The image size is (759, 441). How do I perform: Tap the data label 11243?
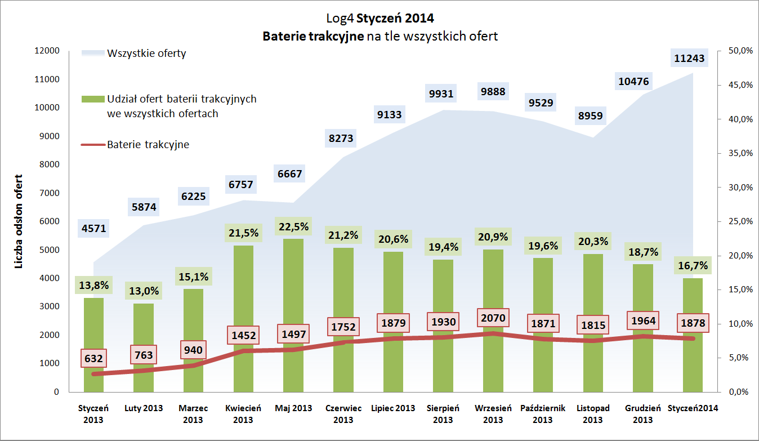click(689, 58)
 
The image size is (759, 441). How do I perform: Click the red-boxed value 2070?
click(493, 318)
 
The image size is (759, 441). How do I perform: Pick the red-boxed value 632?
click(93, 358)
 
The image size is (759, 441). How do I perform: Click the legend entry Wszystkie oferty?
click(146, 54)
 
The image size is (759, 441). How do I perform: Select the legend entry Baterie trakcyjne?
click(148, 144)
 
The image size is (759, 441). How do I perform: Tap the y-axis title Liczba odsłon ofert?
click(19, 221)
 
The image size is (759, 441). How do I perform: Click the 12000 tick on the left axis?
click(48, 51)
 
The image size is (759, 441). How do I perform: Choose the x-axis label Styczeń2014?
click(692, 408)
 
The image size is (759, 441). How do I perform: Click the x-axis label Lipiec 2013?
click(393, 408)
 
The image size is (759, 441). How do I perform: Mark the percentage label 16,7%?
click(692, 265)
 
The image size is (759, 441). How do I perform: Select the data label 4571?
click(93, 229)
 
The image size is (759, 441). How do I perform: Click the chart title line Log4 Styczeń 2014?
click(380, 18)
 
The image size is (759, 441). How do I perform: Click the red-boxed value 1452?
click(243, 336)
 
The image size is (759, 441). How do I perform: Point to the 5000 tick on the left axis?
click(50, 250)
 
